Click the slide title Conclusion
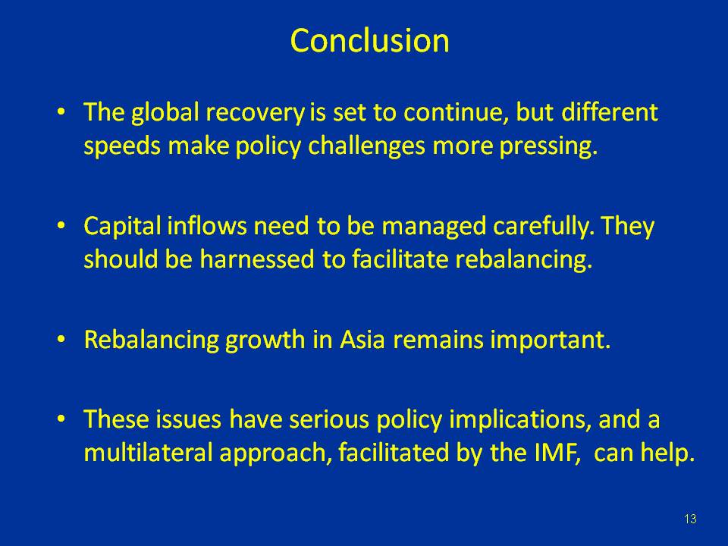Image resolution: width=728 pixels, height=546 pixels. (x=369, y=41)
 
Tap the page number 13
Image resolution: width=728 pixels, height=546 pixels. (x=689, y=519)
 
